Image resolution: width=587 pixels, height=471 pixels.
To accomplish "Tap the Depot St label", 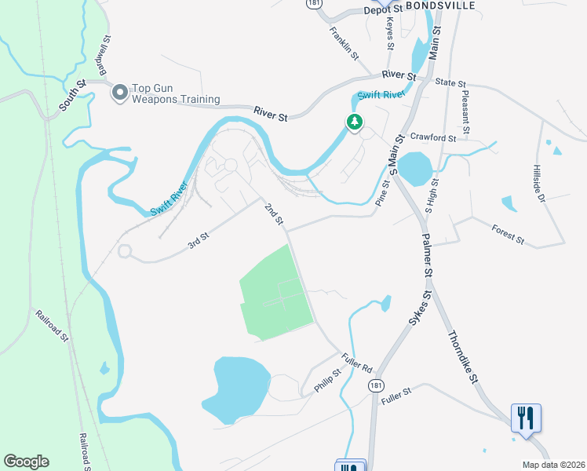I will tap(383, 9).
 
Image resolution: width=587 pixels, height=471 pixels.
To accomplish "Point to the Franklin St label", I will tap(345, 45).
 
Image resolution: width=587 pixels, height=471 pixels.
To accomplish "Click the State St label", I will tap(450, 82).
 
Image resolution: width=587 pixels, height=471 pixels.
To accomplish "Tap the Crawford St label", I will tap(433, 137).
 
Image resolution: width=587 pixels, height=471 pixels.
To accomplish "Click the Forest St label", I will tap(508, 233).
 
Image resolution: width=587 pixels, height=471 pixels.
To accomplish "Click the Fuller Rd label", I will tap(356, 362).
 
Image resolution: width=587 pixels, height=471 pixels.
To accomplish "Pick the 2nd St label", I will tap(274, 214).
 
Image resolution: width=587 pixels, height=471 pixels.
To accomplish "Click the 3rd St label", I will tap(199, 240).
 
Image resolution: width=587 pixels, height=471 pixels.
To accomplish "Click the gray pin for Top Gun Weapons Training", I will tap(120, 93).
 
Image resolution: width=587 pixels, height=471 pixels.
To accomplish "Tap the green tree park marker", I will tap(355, 122).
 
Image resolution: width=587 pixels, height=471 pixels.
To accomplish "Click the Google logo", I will tap(26, 462).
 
